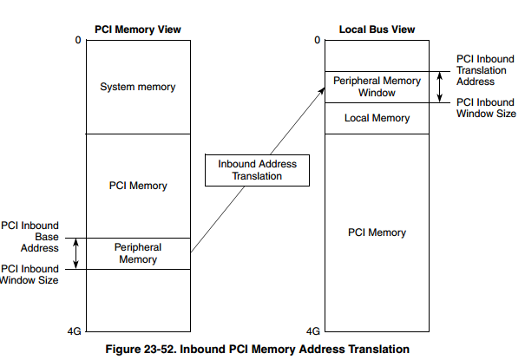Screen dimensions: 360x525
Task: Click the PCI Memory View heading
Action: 137,29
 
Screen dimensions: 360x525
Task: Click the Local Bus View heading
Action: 377,29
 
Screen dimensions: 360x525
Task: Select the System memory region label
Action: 137,87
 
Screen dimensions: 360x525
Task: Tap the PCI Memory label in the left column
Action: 137,186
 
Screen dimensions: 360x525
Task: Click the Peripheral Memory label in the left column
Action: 137,253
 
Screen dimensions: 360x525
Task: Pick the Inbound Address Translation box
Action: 257,170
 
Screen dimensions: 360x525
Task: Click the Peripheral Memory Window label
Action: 377,87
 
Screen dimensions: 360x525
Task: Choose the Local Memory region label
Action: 377,118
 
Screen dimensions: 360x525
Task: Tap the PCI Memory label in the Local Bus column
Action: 377,232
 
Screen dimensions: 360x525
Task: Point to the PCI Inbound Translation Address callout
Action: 487,70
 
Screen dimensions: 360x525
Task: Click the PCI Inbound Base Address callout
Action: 30,236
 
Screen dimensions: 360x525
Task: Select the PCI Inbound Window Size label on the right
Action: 486,108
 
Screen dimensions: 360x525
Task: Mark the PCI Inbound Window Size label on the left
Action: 30,274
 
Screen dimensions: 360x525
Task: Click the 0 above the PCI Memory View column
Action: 76,41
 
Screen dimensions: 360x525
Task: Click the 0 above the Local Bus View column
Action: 317,41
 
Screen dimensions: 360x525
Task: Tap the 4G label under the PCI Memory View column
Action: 75,331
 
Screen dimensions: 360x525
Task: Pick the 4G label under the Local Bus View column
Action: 314,331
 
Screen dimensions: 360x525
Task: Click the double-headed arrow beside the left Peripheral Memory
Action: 76,253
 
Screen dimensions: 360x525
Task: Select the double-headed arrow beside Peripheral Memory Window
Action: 440,87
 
